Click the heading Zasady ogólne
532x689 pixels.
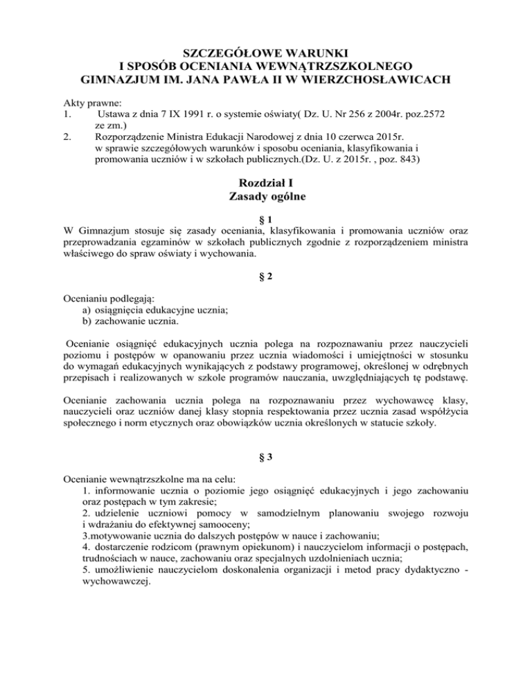click(265, 198)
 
